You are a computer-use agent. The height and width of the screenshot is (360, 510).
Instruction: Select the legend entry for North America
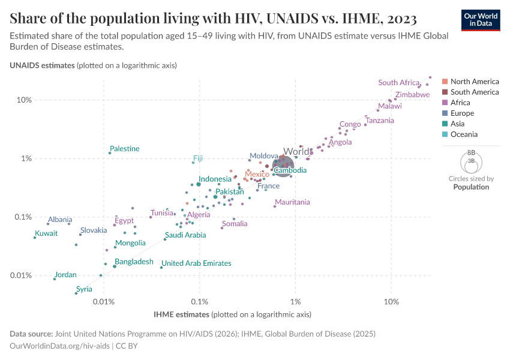click(x=474, y=82)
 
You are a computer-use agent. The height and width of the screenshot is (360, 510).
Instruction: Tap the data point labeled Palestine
click(x=110, y=153)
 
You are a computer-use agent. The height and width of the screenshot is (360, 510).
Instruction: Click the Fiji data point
click(x=193, y=163)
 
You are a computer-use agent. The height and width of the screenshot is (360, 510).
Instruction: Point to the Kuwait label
click(x=46, y=233)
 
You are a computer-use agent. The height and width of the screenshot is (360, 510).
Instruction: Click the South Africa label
click(x=399, y=83)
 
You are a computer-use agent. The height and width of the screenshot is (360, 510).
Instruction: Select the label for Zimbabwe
click(x=412, y=95)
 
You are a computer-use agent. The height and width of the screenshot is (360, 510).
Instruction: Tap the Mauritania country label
click(x=292, y=202)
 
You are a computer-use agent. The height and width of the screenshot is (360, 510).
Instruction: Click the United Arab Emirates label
click(x=196, y=263)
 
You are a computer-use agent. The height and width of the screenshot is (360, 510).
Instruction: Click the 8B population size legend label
click(x=471, y=154)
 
